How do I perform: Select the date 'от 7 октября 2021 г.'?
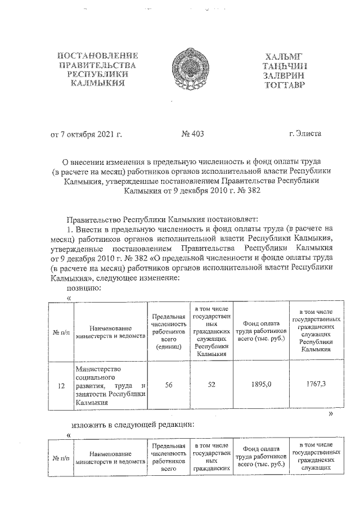click(x=87, y=134)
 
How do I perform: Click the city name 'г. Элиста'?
click(x=304, y=134)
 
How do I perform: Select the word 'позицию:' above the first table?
click(x=84, y=287)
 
